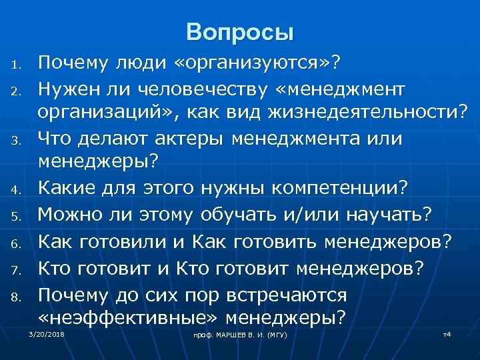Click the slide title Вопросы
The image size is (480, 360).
click(x=240, y=32)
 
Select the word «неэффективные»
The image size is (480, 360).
click(x=129, y=318)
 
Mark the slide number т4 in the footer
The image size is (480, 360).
click(x=447, y=333)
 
